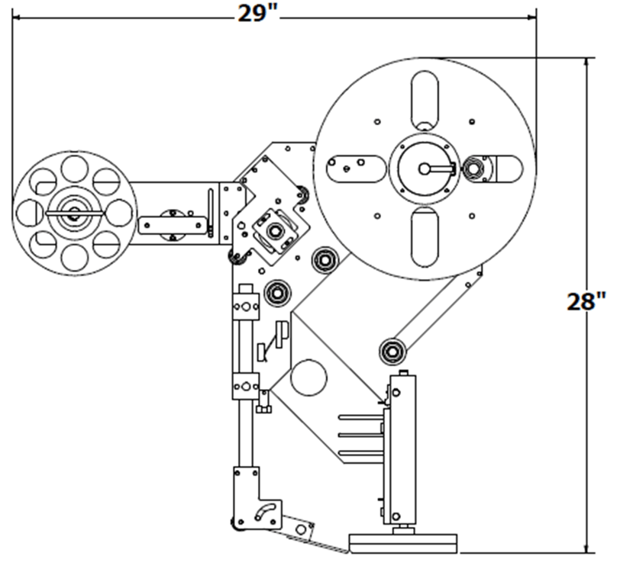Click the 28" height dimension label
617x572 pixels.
586,301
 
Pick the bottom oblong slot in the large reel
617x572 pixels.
425,236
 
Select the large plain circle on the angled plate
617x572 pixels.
309,378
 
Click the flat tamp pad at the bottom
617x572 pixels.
404,541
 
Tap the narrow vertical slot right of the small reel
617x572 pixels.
211,204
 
